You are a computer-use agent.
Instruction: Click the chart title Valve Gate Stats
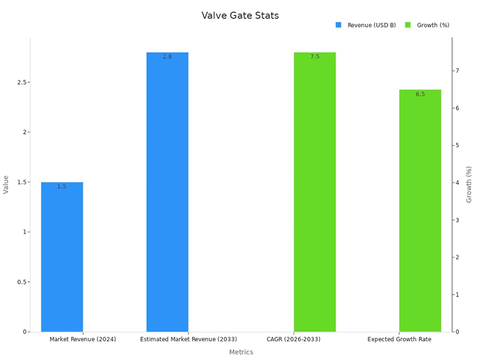click(240, 16)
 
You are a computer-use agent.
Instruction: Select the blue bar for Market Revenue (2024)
click(62, 258)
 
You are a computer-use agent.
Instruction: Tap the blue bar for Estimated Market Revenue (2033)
click(167, 192)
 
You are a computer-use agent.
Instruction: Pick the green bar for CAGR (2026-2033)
click(314, 192)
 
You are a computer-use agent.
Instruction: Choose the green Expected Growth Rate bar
click(420, 210)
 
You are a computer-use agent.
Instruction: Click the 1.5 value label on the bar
click(62, 187)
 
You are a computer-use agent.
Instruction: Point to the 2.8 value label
click(167, 57)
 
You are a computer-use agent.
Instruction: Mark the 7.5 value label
click(314, 56)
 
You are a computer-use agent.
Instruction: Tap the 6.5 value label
click(420, 94)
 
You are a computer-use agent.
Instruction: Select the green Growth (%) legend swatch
click(408, 25)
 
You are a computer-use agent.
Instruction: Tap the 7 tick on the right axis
click(457, 71)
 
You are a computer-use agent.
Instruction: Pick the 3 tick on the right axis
click(457, 220)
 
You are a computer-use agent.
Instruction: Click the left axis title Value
click(6, 184)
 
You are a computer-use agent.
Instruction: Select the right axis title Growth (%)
click(469, 184)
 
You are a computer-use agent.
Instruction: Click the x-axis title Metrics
click(241, 352)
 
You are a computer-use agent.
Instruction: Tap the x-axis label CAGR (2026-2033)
click(293, 340)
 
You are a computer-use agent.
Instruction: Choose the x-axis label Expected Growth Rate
click(399, 340)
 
